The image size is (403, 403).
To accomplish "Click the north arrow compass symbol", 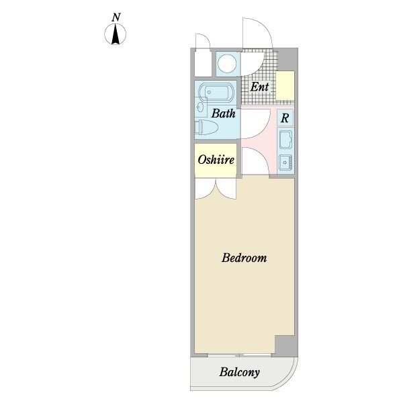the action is click(x=116, y=34).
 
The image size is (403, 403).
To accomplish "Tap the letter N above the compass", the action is click(x=116, y=17).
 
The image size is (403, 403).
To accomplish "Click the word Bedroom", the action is click(x=244, y=258).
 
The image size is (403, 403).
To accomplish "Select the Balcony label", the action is click(x=239, y=372).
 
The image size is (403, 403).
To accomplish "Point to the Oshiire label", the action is click(x=216, y=160).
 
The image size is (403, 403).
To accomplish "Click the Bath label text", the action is click(x=223, y=114).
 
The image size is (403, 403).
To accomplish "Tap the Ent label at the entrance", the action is click(x=259, y=87).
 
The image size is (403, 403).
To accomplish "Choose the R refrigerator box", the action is click(x=285, y=118).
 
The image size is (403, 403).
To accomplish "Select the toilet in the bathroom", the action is click(x=206, y=127).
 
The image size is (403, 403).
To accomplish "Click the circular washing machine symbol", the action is click(x=228, y=64).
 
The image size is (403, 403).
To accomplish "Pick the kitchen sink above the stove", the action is click(x=285, y=140).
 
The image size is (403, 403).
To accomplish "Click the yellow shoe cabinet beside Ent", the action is click(x=285, y=86).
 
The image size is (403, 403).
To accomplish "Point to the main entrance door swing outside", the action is click(x=257, y=33).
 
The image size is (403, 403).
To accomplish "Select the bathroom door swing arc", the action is click(x=255, y=124).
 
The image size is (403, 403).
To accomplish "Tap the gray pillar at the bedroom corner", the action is click(x=286, y=346).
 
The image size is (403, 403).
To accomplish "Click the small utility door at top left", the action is click(x=203, y=41).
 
